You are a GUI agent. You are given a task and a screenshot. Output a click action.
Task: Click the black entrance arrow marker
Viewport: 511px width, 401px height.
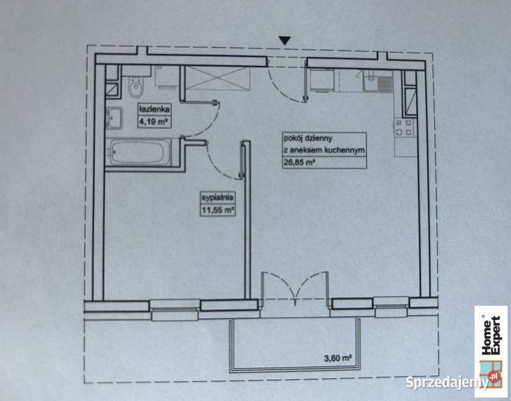[x=285, y=40]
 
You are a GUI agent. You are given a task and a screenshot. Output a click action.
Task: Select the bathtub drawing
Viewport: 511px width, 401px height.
[x=141, y=152]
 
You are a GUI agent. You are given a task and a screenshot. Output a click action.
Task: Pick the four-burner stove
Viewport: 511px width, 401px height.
[x=404, y=128]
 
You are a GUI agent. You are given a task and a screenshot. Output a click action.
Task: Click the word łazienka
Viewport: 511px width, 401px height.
[x=154, y=109]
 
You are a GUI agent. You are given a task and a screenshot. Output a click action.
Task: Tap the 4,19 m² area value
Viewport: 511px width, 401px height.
[x=153, y=123]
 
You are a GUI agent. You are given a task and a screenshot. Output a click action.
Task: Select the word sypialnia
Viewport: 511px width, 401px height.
[x=218, y=198]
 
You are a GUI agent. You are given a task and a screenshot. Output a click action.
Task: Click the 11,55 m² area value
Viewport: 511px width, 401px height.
[x=218, y=210]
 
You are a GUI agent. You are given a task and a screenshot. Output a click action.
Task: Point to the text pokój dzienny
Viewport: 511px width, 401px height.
[x=308, y=138]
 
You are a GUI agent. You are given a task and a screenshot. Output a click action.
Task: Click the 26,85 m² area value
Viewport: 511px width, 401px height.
[x=299, y=163]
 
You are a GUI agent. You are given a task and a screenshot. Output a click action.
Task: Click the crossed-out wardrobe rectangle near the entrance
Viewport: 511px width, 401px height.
[x=218, y=77]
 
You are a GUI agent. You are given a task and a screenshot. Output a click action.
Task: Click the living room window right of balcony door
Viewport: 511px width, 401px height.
[x=391, y=307]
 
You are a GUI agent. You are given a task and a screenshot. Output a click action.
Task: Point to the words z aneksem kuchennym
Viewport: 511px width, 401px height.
[x=324, y=150]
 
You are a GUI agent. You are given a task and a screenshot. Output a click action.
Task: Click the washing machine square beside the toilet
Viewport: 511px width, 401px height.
[x=166, y=77]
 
